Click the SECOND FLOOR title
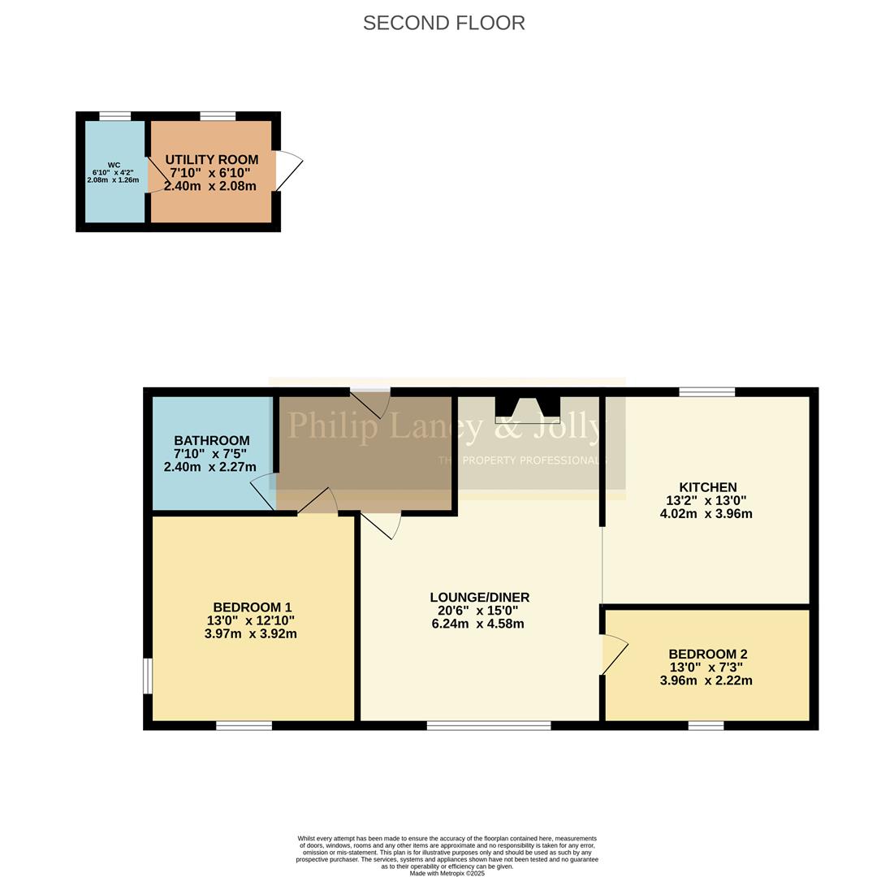(x=443, y=23)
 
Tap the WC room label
(x=113, y=165)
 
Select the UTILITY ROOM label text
(x=211, y=160)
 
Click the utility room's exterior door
(x=289, y=171)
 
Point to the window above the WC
(x=114, y=116)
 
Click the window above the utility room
(x=217, y=116)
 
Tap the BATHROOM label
(x=211, y=441)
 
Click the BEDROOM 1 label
(x=252, y=607)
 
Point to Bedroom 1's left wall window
(x=148, y=676)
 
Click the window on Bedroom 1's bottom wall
(x=244, y=725)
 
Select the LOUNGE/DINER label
(x=479, y=598)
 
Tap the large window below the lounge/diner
(x=488, y=725)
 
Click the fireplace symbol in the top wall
(x=527, y=408)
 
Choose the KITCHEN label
(x=706, y=487)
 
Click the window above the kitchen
(x=706, y=392)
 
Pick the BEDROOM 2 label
(x=707, y=654)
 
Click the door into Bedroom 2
(x=615, y=655)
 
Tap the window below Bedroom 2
(x=706, y=725)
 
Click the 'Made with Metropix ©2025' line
(x=447, y=873)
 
